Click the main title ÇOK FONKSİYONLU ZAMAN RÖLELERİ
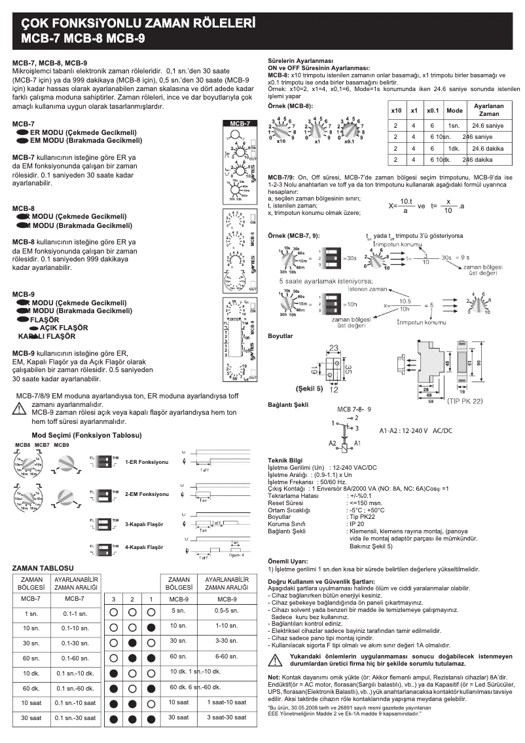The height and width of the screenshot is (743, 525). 138,23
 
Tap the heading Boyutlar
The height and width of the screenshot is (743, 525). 281,335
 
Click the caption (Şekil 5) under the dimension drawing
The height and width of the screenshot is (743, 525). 310,387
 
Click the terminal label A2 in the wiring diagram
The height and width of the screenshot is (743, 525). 333,443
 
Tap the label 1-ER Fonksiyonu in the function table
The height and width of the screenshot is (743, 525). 147,462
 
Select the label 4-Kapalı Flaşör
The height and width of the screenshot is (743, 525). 144,546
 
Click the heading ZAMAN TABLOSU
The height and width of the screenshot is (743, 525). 43,567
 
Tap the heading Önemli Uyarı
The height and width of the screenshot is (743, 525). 288,561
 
